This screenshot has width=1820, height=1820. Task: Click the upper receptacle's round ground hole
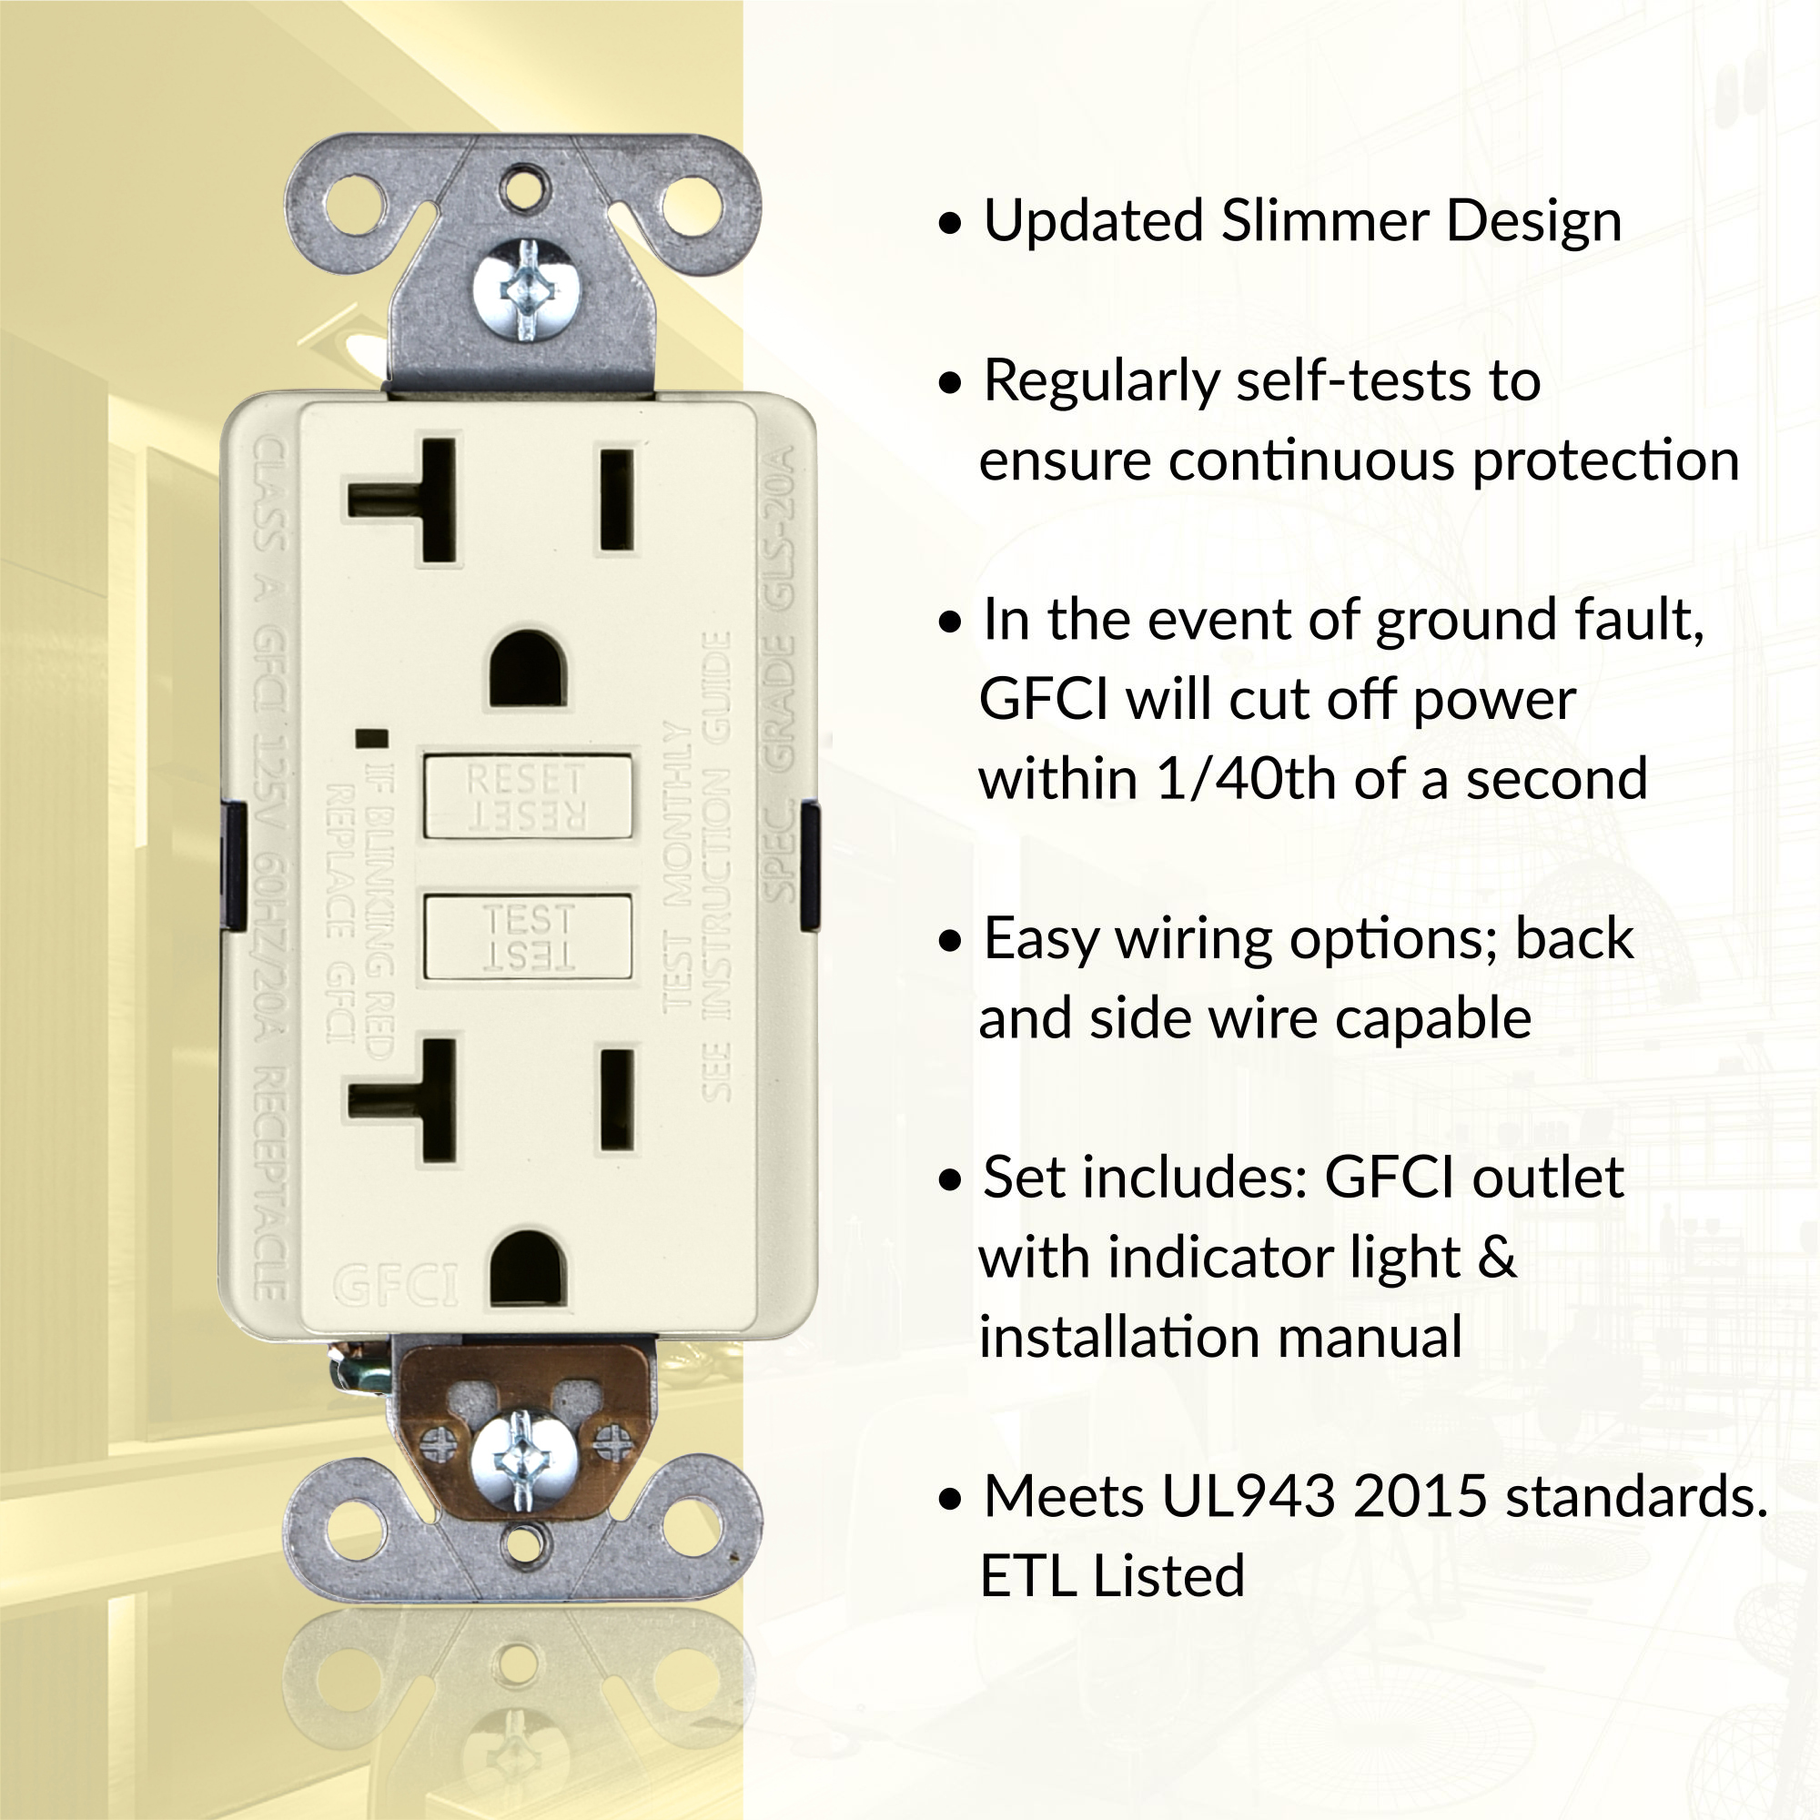pos(527,669)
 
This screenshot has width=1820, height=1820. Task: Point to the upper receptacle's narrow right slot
pos(617,500)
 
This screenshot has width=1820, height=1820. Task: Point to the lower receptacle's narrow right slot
pos(617,1101)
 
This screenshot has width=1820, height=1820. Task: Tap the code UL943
pos(1249,1495)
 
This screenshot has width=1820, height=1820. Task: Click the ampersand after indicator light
pos(1496,1257)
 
